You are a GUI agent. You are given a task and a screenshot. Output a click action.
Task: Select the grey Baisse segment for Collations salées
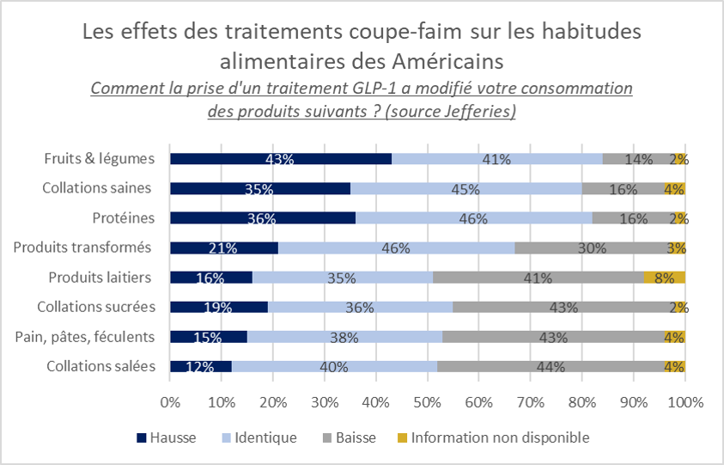550,366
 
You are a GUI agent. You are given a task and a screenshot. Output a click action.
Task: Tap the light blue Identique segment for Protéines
473,218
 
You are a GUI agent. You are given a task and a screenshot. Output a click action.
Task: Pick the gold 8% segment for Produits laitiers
664,278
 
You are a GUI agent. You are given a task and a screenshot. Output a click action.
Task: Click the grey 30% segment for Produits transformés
592,248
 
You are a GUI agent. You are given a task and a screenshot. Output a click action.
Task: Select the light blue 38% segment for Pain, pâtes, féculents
344,337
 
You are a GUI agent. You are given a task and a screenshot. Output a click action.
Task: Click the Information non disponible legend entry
500,437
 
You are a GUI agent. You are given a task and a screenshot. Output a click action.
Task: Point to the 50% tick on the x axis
428,402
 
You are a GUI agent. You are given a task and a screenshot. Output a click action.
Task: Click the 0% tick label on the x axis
170,402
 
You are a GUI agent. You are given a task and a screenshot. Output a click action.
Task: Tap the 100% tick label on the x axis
684,402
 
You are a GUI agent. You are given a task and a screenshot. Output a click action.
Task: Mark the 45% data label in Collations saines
466,189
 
